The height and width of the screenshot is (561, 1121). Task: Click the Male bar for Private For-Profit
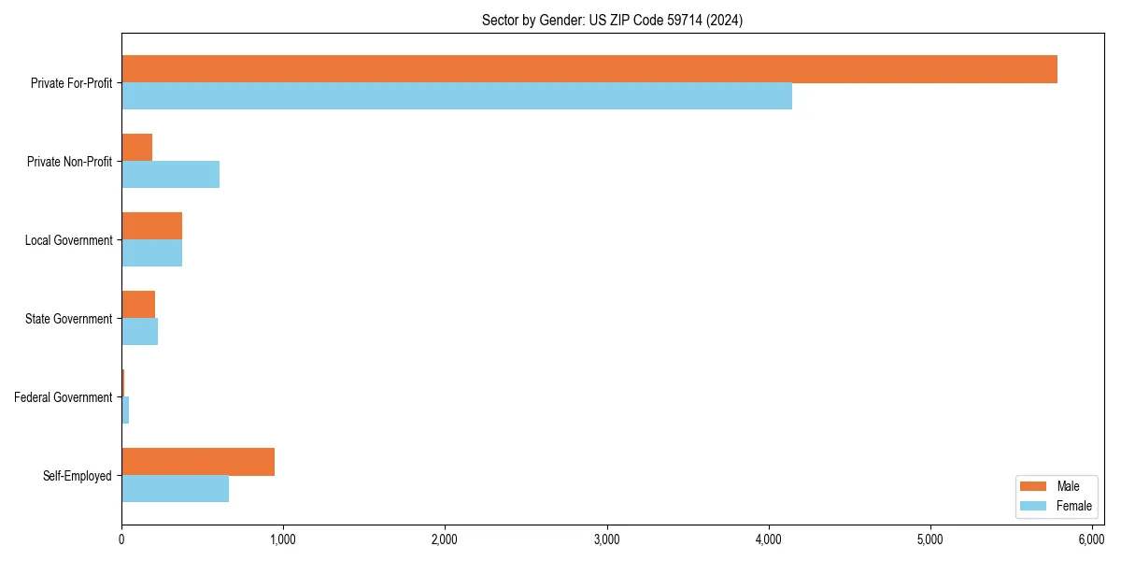(589, 69)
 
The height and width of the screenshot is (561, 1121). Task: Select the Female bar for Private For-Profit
(457, 96)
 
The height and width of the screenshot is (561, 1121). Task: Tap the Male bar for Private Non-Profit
(137, 148)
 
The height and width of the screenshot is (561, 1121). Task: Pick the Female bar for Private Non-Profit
(171, 175)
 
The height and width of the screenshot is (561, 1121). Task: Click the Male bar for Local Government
(152, 226)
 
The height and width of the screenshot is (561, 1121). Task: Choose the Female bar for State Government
(140, 332)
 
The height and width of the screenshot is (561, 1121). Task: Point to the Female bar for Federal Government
(125, 410)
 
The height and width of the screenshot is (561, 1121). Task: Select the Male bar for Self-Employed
(198, 462)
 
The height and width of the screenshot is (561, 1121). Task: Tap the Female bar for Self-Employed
(176, 489)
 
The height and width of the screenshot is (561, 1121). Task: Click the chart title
(612, 21)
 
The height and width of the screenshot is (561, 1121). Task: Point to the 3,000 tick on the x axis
(607, 539)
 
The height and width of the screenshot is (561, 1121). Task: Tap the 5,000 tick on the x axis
(930, 539)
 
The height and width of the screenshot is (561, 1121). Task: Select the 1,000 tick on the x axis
(283, 539)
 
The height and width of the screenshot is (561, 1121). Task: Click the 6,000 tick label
(1092, 539)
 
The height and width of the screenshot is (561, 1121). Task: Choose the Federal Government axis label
(64, 397)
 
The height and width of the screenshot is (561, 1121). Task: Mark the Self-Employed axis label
(78, 476)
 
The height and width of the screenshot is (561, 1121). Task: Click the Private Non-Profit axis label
(70, 162)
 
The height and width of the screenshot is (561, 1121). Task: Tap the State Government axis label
(69, 319)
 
